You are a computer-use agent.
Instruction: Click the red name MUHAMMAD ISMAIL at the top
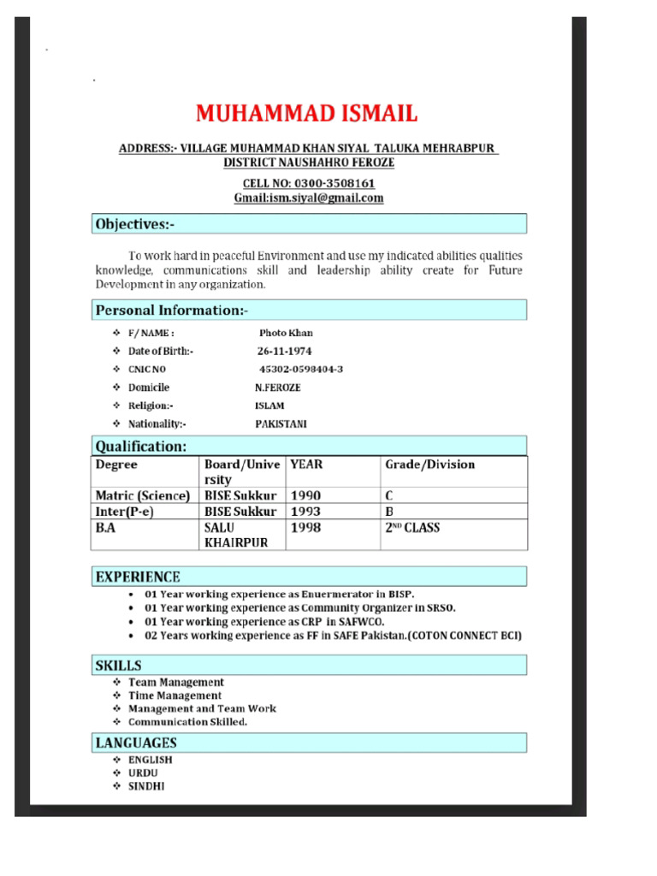[x=306, y=114]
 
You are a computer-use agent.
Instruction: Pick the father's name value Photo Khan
[x=286, y=334]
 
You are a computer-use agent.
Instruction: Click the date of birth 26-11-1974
[x=284, y=352]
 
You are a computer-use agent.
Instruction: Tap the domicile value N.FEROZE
[x=277, y=388]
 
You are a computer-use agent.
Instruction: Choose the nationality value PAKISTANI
[x=281, y=423]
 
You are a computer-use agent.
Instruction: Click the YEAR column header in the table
[x=306, y=465]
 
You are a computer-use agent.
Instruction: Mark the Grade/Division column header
[x=429, y=465]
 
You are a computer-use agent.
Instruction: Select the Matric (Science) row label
[x=142, y=495]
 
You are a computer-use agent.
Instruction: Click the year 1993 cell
[x=305, y=512]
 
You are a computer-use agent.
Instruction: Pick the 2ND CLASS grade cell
[x=412, y=528]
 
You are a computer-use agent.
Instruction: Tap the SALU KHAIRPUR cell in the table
[x=235, y=536]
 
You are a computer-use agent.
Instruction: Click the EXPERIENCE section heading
[x=138, y=577]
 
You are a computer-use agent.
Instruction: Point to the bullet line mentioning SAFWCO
[x=264, y=622]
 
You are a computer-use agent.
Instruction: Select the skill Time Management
[x=175, y=695]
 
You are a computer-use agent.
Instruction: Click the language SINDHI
[x=146, y=785]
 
